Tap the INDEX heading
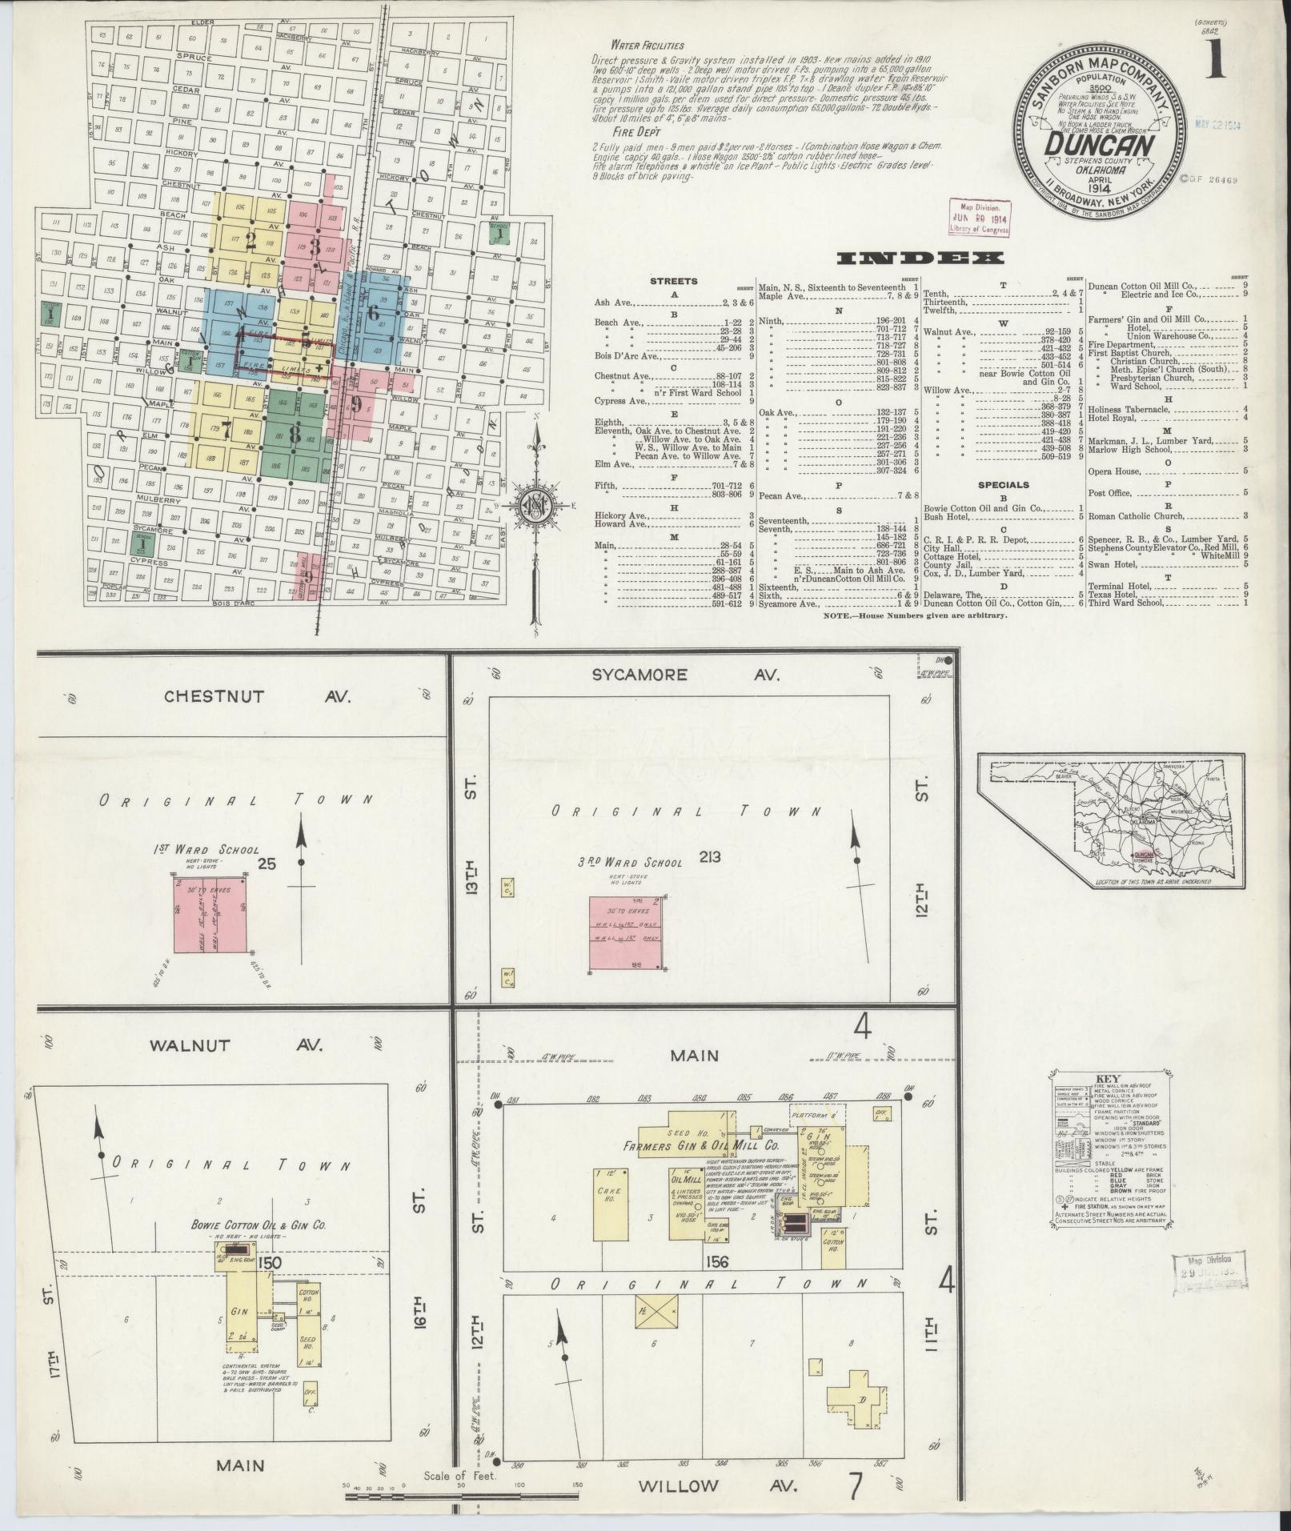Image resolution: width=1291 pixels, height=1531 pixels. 920,258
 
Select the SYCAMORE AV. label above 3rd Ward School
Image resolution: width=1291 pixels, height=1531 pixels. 685,675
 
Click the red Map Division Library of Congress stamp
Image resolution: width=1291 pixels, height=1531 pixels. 978,217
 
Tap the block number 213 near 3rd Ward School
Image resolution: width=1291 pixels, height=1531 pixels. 709,857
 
